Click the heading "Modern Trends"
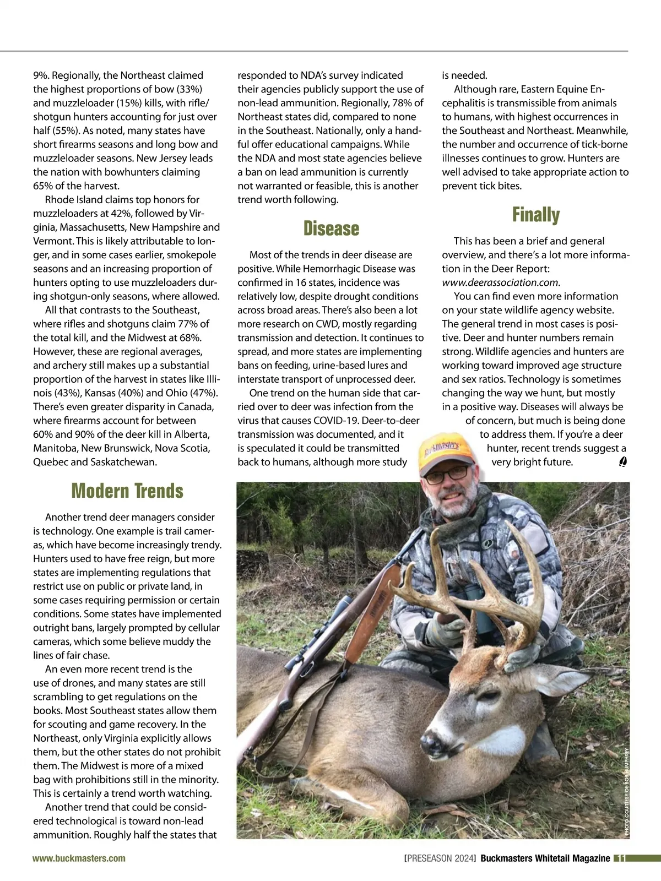tap(127, 491)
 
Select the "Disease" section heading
tap(331, 229)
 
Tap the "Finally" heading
tap(535, 215)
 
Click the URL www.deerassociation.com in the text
tap(500, 282)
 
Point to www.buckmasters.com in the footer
tap(79, 858)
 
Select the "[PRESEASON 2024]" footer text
tap(440, 858)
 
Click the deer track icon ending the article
tap(622, 462)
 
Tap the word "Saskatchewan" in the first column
tap(124, 462)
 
